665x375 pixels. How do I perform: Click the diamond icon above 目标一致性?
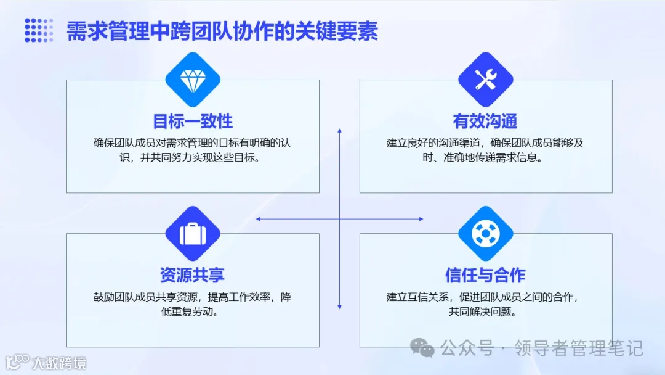(193, 80)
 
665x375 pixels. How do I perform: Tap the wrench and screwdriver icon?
(486, 80)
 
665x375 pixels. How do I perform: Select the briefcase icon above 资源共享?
(193, 233)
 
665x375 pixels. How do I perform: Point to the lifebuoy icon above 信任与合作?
(486, 233)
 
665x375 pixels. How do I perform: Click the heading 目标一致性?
(193, 120)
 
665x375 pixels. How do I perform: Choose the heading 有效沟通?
(485, 120)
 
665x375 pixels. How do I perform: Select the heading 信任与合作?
(485, 274)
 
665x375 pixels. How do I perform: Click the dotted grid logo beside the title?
(39, 30)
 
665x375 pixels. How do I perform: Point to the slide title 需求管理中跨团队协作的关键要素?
(222, 31)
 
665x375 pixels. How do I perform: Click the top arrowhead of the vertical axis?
(339, 131)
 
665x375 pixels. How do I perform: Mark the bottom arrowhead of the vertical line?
(339, 307)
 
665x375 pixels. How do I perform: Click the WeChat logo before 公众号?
(423, 348)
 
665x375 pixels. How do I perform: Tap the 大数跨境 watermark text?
(59, 363)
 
